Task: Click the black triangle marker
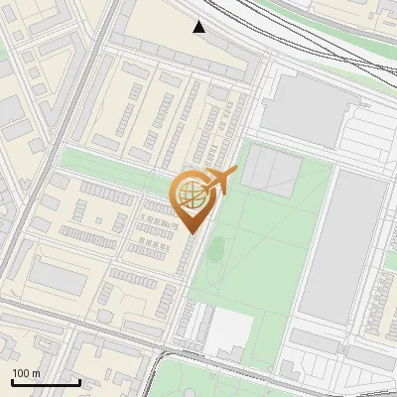(x=199, y=27)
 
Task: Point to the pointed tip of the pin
(x=192, y=232)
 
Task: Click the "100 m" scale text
(x=27, y=373)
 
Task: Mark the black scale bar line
(x=46, y=382)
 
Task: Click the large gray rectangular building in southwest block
(x=58, y=278)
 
